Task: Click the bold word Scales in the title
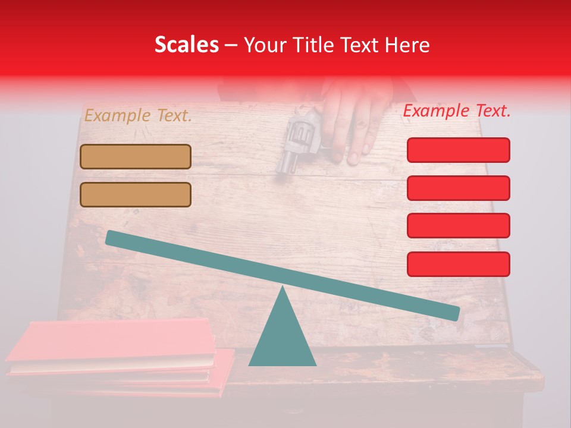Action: pos(186,45)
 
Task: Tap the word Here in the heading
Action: pos(407,45)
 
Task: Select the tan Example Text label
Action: pos(138,116)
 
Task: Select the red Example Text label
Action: pos(457,111)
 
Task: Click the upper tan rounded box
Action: pos(136,156)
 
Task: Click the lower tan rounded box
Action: pos(136,194)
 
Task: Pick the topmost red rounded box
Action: pos(458,150)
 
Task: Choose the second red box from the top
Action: pos(458,188)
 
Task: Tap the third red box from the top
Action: pos(458,225)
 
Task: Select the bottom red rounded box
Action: pos(458,264)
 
